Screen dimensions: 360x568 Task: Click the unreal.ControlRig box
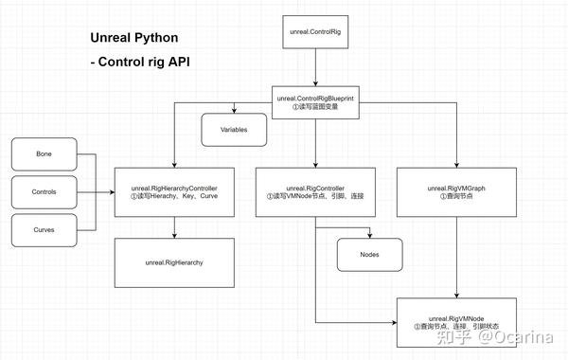tap(315, 32)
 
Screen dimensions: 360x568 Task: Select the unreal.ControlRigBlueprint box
tap(315, 100)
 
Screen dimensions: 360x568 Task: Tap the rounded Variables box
tap(234, 129)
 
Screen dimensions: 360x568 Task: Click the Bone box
tap(44, 153)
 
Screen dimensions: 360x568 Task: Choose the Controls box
tap(44, 191)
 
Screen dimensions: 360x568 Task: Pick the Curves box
tap(44, 230)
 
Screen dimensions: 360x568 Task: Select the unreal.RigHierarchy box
tap(174, 262)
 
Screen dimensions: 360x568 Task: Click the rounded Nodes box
tap(370, 254)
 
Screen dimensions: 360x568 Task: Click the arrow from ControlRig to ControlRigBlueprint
tap(315, 69)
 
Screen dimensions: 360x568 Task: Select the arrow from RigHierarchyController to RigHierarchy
tap(174, 226)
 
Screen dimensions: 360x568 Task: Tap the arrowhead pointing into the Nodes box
tap(370, 234)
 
